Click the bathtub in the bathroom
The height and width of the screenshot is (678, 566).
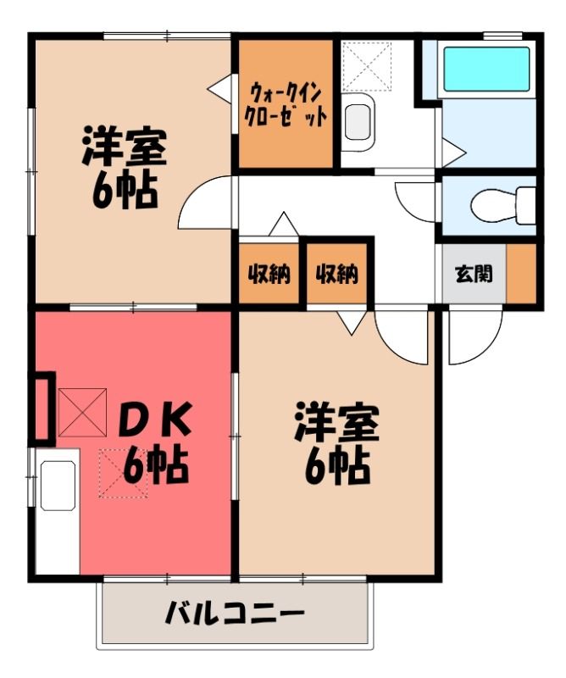[486, 69]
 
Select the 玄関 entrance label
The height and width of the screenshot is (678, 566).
[474, 274]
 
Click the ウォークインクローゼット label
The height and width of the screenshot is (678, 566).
[286, 104]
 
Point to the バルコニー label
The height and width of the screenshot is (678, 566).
[235, 613]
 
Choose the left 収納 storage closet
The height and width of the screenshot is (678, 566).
[269, 273]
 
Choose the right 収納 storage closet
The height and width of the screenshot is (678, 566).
[337, 273]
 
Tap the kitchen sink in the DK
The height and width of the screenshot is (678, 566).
[58, 485]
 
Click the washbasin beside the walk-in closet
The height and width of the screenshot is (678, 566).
[358, 122]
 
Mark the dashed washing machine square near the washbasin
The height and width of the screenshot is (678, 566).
[367, 65]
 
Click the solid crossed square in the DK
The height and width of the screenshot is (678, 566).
[82, 412]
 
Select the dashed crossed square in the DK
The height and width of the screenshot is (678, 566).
[124, 474]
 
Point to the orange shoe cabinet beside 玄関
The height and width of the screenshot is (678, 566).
[521, 273]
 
